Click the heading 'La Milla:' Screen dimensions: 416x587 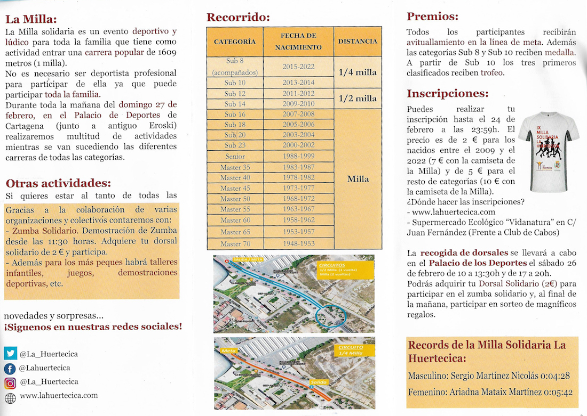coord(31,19)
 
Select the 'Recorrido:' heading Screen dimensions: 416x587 coord(238,17)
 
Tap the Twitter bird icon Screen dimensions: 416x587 coord(10,353)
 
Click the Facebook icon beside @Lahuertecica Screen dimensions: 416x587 coord(10,368)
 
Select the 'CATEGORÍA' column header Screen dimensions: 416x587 coord(235,42)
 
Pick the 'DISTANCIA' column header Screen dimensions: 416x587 coord(358,42)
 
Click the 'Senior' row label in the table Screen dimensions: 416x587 coord(235,157)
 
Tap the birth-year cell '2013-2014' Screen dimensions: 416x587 coord(298,83)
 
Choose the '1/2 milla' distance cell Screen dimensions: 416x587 coord(358,99)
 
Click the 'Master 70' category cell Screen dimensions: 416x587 coord(235,243)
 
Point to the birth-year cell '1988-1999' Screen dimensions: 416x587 coord(298,157)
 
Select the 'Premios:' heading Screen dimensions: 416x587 coord(432,16)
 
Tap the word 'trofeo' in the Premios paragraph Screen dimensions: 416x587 coord(492,72)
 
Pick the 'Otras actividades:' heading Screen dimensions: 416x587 coord(58,183)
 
